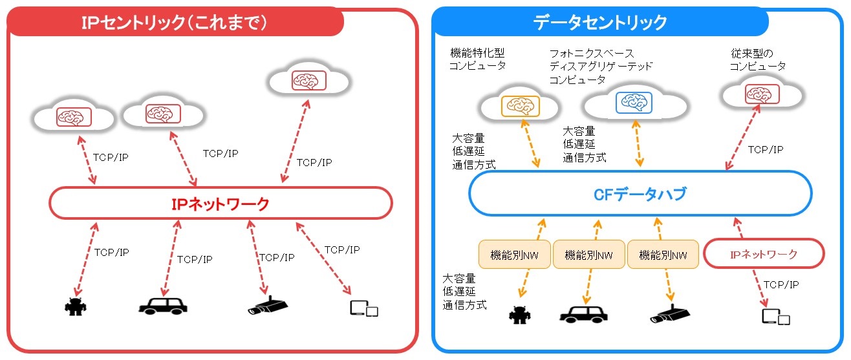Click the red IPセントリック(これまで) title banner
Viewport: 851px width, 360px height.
pyautogui.click(x=175, y=22)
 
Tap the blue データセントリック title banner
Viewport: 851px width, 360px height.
pyautogui.click(x=600, y=22)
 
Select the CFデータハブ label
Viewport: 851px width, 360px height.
pyautogui.click(x=640, y=194)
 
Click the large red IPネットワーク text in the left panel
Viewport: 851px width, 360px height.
pyautogui.click(x=221, y=204)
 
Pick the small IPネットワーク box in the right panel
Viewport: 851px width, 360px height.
pyautogui.click(x=764, y=253)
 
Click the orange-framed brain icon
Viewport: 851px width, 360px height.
pyautogui.click(x=520, y=105)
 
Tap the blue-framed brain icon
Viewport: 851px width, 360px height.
pyautogui.click(x=634, y=103)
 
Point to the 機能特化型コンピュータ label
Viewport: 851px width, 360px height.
pyautogui.click(x=477, y=59)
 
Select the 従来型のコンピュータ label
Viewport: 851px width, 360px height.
pyautogui.click(x=757, y=59)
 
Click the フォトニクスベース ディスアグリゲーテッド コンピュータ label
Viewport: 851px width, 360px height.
pyautogui.click(x=601, y=67)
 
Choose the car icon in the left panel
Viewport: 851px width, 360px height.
pyautogui.click(x=163, y=306)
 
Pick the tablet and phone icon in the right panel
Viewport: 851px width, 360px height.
pyautogui.click(x=776, y=317)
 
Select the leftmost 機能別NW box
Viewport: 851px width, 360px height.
pyautogui.click(x=514, y=255)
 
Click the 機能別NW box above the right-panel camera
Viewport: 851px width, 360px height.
pyautogui.click(x=663, y=255)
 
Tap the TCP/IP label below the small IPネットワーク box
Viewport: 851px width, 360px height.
pyautogui.click(x=781, y=284)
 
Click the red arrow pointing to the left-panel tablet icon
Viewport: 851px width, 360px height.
pyautogui.click(x=323, y=259)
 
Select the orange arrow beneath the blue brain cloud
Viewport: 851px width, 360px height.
pyautogui.click(x=638, y=143)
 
